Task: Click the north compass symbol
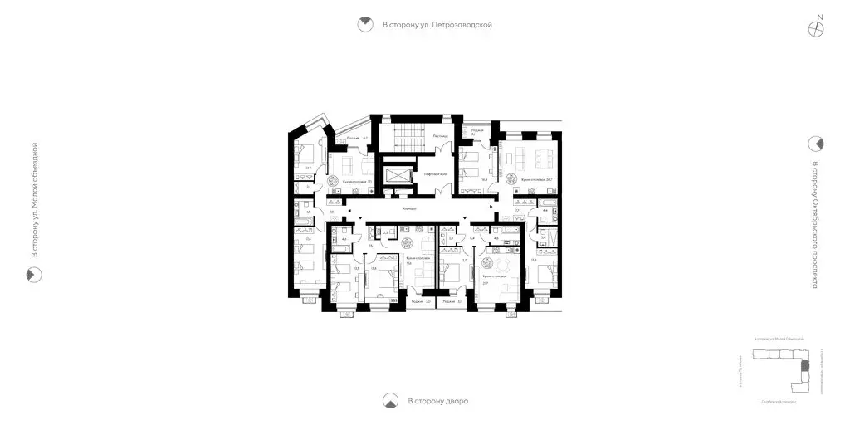(818, 27)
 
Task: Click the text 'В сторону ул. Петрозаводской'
(437, 25)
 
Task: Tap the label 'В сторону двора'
(437, 402)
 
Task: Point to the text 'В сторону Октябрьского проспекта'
(816, 225)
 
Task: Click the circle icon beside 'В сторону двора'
(389, 402)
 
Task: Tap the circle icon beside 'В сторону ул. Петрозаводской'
(364, 25)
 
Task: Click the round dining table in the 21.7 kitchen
(501, 264)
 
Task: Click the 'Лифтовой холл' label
(437, 174)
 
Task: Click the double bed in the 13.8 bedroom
(380, 281)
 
